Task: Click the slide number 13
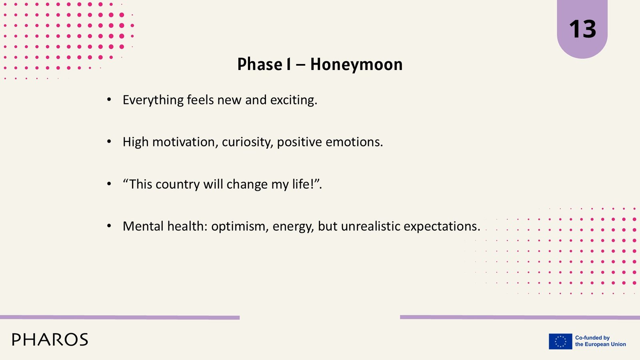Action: pyautogui.click(x=582, y=29)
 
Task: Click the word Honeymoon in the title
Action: pyautogui.click(x=356, y=65)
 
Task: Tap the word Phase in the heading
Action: pyautogui.click(x=260, y=64)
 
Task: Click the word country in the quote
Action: pyautogui.click(x=178, y=184)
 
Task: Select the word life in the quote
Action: pyautogui.click(x=303, y=184)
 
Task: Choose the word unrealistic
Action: pyautogui.click(x=370, y=226)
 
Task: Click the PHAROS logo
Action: pyautogui.click(x=50, y=340)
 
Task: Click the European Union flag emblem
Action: pyautogui.click(x=560, y=341)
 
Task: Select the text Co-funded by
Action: pyautogui.click(x=592, y=338)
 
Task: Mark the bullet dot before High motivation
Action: pyautogui.click(x=109, y=142)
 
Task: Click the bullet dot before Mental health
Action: pyautogui.click(x=109, y=226)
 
